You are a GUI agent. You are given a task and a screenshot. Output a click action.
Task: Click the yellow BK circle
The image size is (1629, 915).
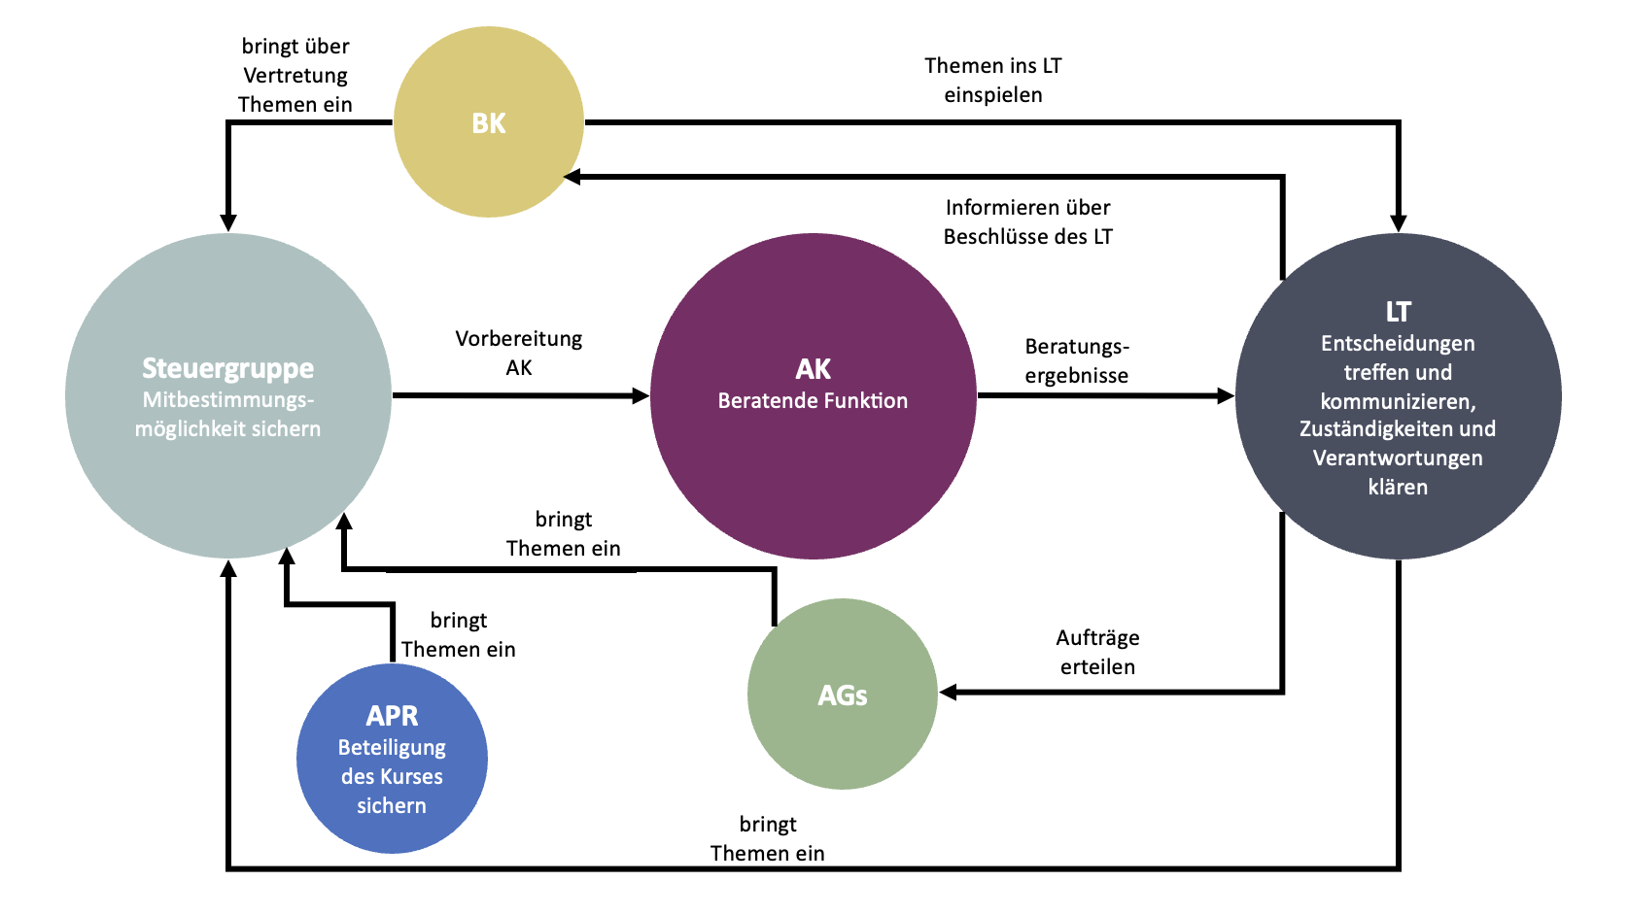[x=488, y=122]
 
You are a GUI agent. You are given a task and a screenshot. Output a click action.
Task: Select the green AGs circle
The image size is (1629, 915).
[x=842, y=695]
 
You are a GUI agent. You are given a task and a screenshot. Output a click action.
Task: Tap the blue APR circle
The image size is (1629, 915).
[x=392, y=758]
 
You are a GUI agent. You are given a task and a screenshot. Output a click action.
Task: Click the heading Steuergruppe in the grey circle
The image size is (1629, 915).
[x=227, y=368]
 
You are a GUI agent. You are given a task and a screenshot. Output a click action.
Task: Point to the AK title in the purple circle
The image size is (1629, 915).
[x=813, y=369]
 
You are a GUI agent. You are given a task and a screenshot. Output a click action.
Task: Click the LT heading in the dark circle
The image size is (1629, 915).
[x=1398, y=312]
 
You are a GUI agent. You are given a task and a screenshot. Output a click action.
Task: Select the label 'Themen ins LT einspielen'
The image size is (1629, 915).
[x=992, y=80]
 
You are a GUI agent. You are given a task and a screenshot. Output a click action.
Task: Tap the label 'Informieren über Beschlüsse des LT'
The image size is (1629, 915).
[x=1027, y=221]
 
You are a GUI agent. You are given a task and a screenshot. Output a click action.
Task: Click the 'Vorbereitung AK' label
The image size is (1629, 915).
[x=519, y=353]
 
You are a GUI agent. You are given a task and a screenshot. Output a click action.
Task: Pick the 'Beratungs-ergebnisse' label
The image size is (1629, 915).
[x=1077, y=360]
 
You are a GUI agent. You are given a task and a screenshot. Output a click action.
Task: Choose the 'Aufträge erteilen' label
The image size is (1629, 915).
[x=1097, y=652]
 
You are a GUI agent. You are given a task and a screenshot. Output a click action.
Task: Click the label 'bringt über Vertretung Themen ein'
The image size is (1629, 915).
[x=295, y=75]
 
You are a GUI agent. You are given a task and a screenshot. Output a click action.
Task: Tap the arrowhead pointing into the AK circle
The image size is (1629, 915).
[x=641, y=395]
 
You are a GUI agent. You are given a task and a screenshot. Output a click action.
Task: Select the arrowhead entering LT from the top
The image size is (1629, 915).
[x=1398, y=223]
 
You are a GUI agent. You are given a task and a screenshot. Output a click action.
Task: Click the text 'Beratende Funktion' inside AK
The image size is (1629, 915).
[x=813, y=400]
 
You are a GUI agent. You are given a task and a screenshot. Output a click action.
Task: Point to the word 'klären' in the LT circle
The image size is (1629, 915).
[x=1398, y=487]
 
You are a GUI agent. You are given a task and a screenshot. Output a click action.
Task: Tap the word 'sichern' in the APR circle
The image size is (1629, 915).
[x=392, y=805]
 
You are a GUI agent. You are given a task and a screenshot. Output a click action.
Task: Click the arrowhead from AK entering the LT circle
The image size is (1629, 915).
[x=1226, y=395]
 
